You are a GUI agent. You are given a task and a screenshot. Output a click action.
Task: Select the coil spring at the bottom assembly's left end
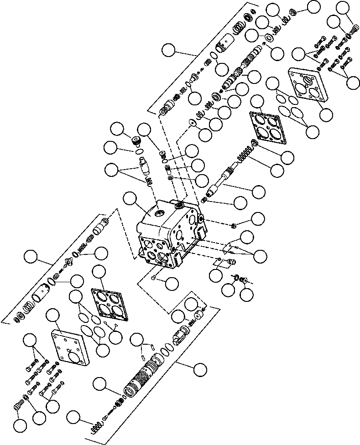[96, 427]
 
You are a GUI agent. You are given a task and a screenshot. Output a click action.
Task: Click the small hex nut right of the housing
[233, 225]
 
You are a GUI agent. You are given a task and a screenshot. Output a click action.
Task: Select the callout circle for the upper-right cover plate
[326, 114]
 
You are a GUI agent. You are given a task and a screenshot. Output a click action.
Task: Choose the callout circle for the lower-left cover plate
[54, 314]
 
